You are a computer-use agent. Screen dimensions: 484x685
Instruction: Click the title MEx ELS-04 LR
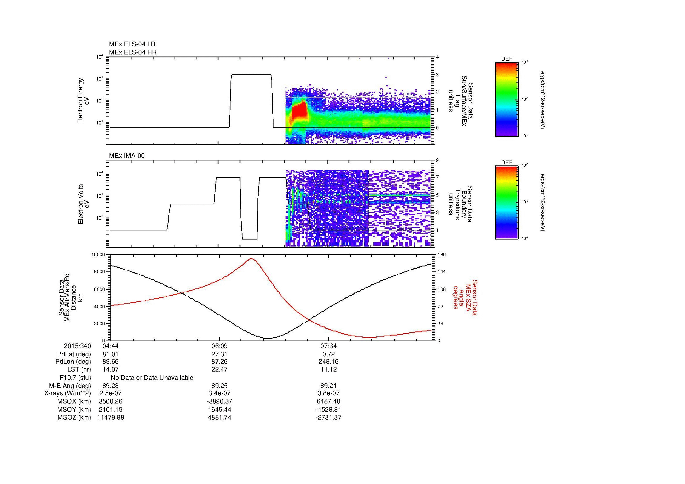(x=132, y=44)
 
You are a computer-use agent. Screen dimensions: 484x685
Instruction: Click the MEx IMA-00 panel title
(x=127, y=156)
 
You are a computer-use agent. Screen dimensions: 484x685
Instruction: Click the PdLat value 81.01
(x=110, y=354)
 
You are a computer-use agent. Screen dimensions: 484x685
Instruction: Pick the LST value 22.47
(x=219, y=369)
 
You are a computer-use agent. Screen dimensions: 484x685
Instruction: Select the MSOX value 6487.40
(x=329, y=401)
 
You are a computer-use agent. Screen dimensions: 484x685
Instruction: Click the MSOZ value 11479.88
(x=110, y=418)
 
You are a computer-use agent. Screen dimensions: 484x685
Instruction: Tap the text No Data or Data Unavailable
(x=152, y=377)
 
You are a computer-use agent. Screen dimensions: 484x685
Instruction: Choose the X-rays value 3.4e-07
(x=219, y=393)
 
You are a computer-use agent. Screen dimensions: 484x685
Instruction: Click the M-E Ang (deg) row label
(x=70, y=386)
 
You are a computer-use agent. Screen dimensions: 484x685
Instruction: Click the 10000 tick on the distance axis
(x=99, y=255)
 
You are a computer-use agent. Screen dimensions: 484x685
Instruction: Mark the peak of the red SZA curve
(x=252, y=259)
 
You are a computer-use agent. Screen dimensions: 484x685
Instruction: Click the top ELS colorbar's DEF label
(x=506, y=59)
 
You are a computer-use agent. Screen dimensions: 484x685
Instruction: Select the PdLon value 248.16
(x=329, y=361)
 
